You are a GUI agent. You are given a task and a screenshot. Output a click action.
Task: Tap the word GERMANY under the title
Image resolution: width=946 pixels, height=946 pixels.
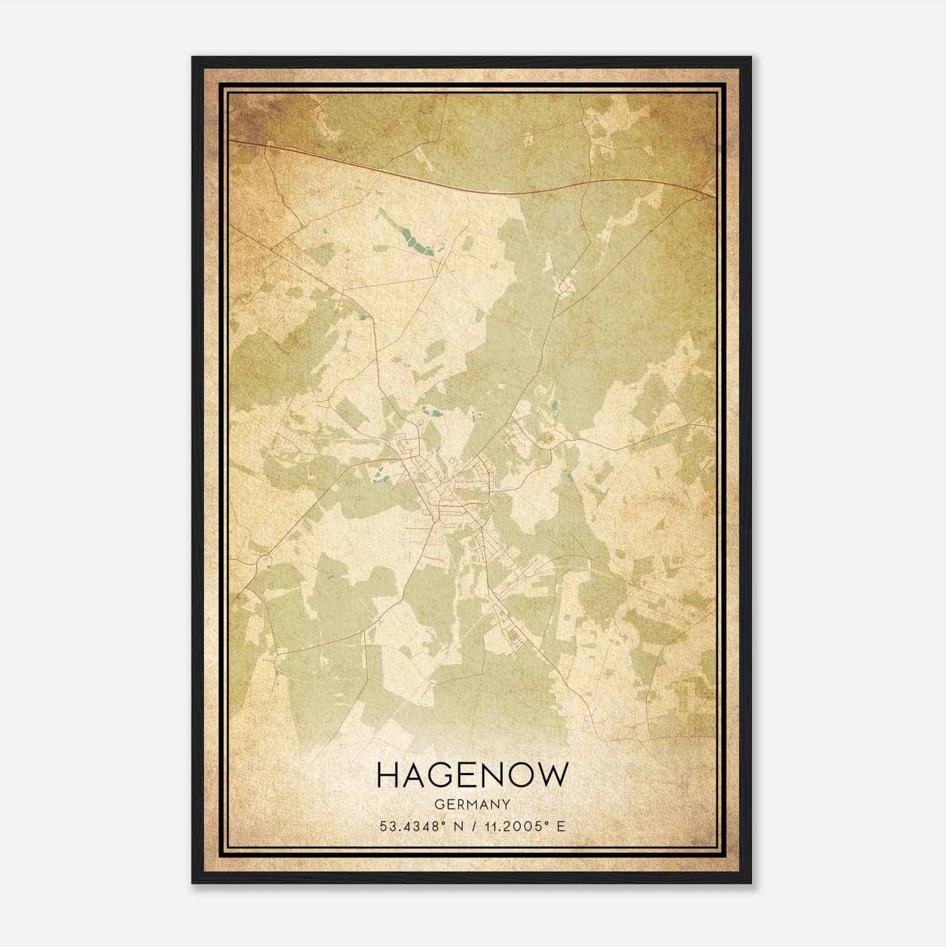pyautogui.click(x=472, y=804)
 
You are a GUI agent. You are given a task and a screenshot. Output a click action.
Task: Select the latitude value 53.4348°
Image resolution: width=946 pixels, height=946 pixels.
pyautogui.click(x=413, y=826)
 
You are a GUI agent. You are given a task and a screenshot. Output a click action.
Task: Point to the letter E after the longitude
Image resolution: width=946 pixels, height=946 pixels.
pyautogui.click(x=560, y=826)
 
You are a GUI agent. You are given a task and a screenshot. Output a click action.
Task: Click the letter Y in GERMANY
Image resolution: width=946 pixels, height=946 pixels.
pyautogui.click(x=506, y=804)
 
